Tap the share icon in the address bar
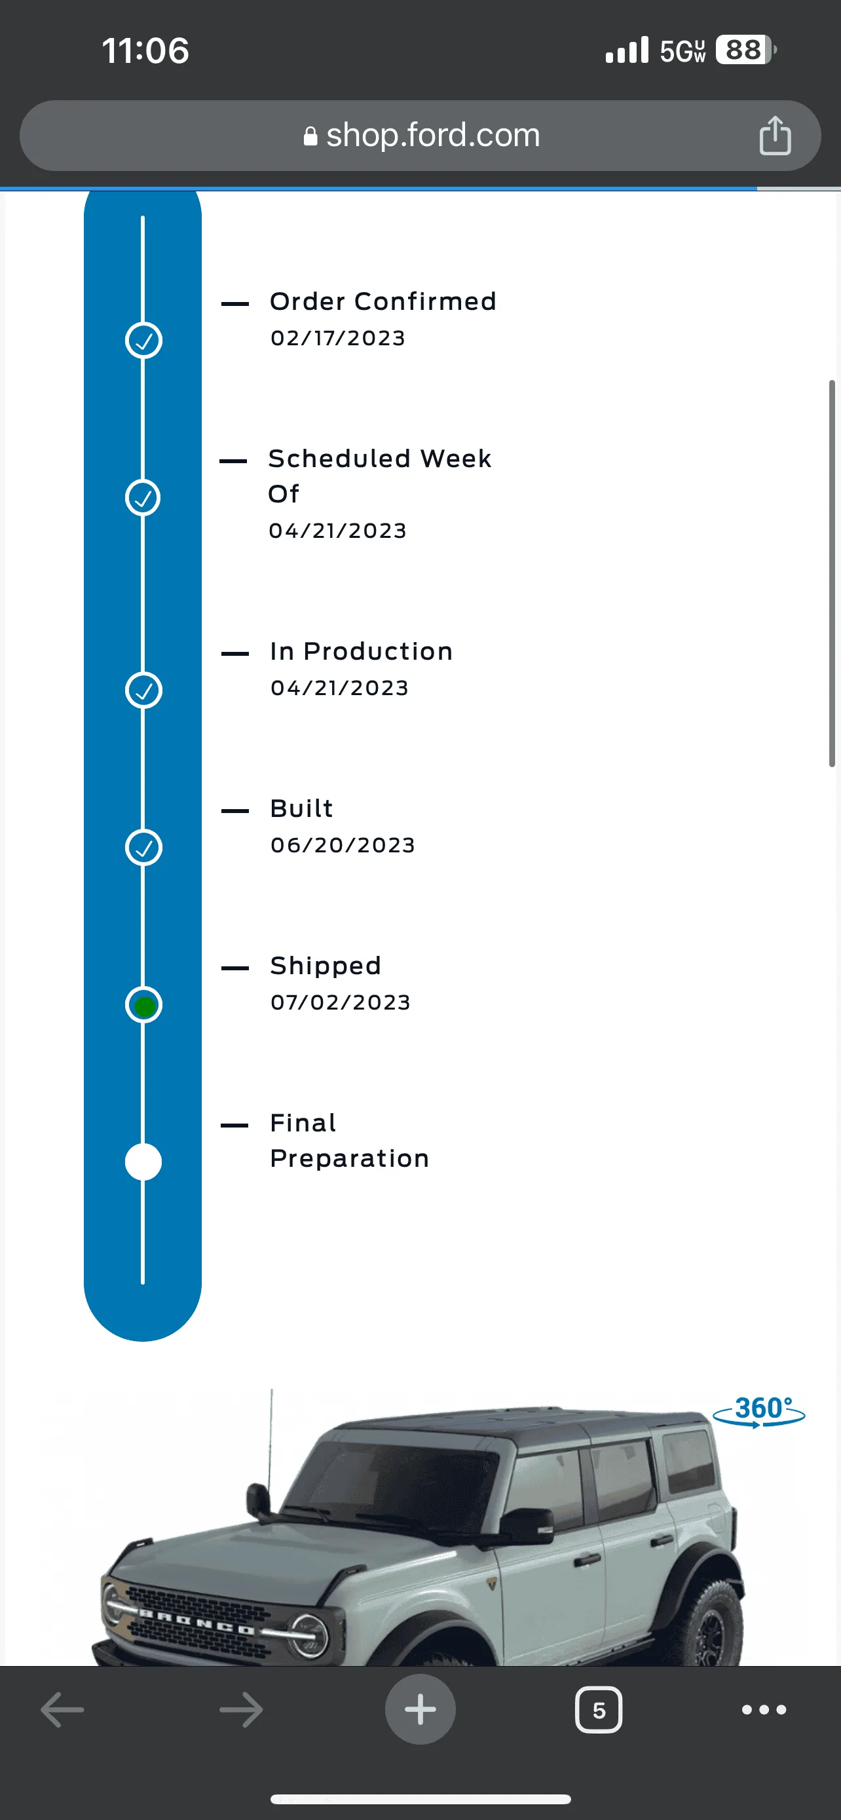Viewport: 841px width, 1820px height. click(775, 135)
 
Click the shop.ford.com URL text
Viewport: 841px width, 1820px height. click(433, 135)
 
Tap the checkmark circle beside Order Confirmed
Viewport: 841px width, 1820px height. click(143, 341)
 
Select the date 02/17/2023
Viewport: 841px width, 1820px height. click(337, 339)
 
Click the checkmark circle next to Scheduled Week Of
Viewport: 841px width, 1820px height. click(143, 497)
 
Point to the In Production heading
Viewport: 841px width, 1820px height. click(361, 651)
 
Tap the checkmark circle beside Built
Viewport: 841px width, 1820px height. click(143, 847)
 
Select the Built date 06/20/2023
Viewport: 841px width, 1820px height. click(343, 845)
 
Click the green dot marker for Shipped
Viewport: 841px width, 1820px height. click(144, 1006)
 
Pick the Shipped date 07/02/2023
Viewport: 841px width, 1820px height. click(341, 1002)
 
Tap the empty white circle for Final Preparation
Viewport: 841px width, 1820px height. click(143, 1162)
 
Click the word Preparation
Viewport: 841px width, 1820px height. click(350, 1159)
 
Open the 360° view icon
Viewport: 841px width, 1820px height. click(759, 1411)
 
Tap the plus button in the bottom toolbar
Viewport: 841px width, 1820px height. click(420, 1710)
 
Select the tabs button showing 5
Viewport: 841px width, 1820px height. click(599, 1710)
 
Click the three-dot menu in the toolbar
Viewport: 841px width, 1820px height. click(764, 1710)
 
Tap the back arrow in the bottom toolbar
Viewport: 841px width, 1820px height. click(62, 1710)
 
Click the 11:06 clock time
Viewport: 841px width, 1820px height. click(145, 51)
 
